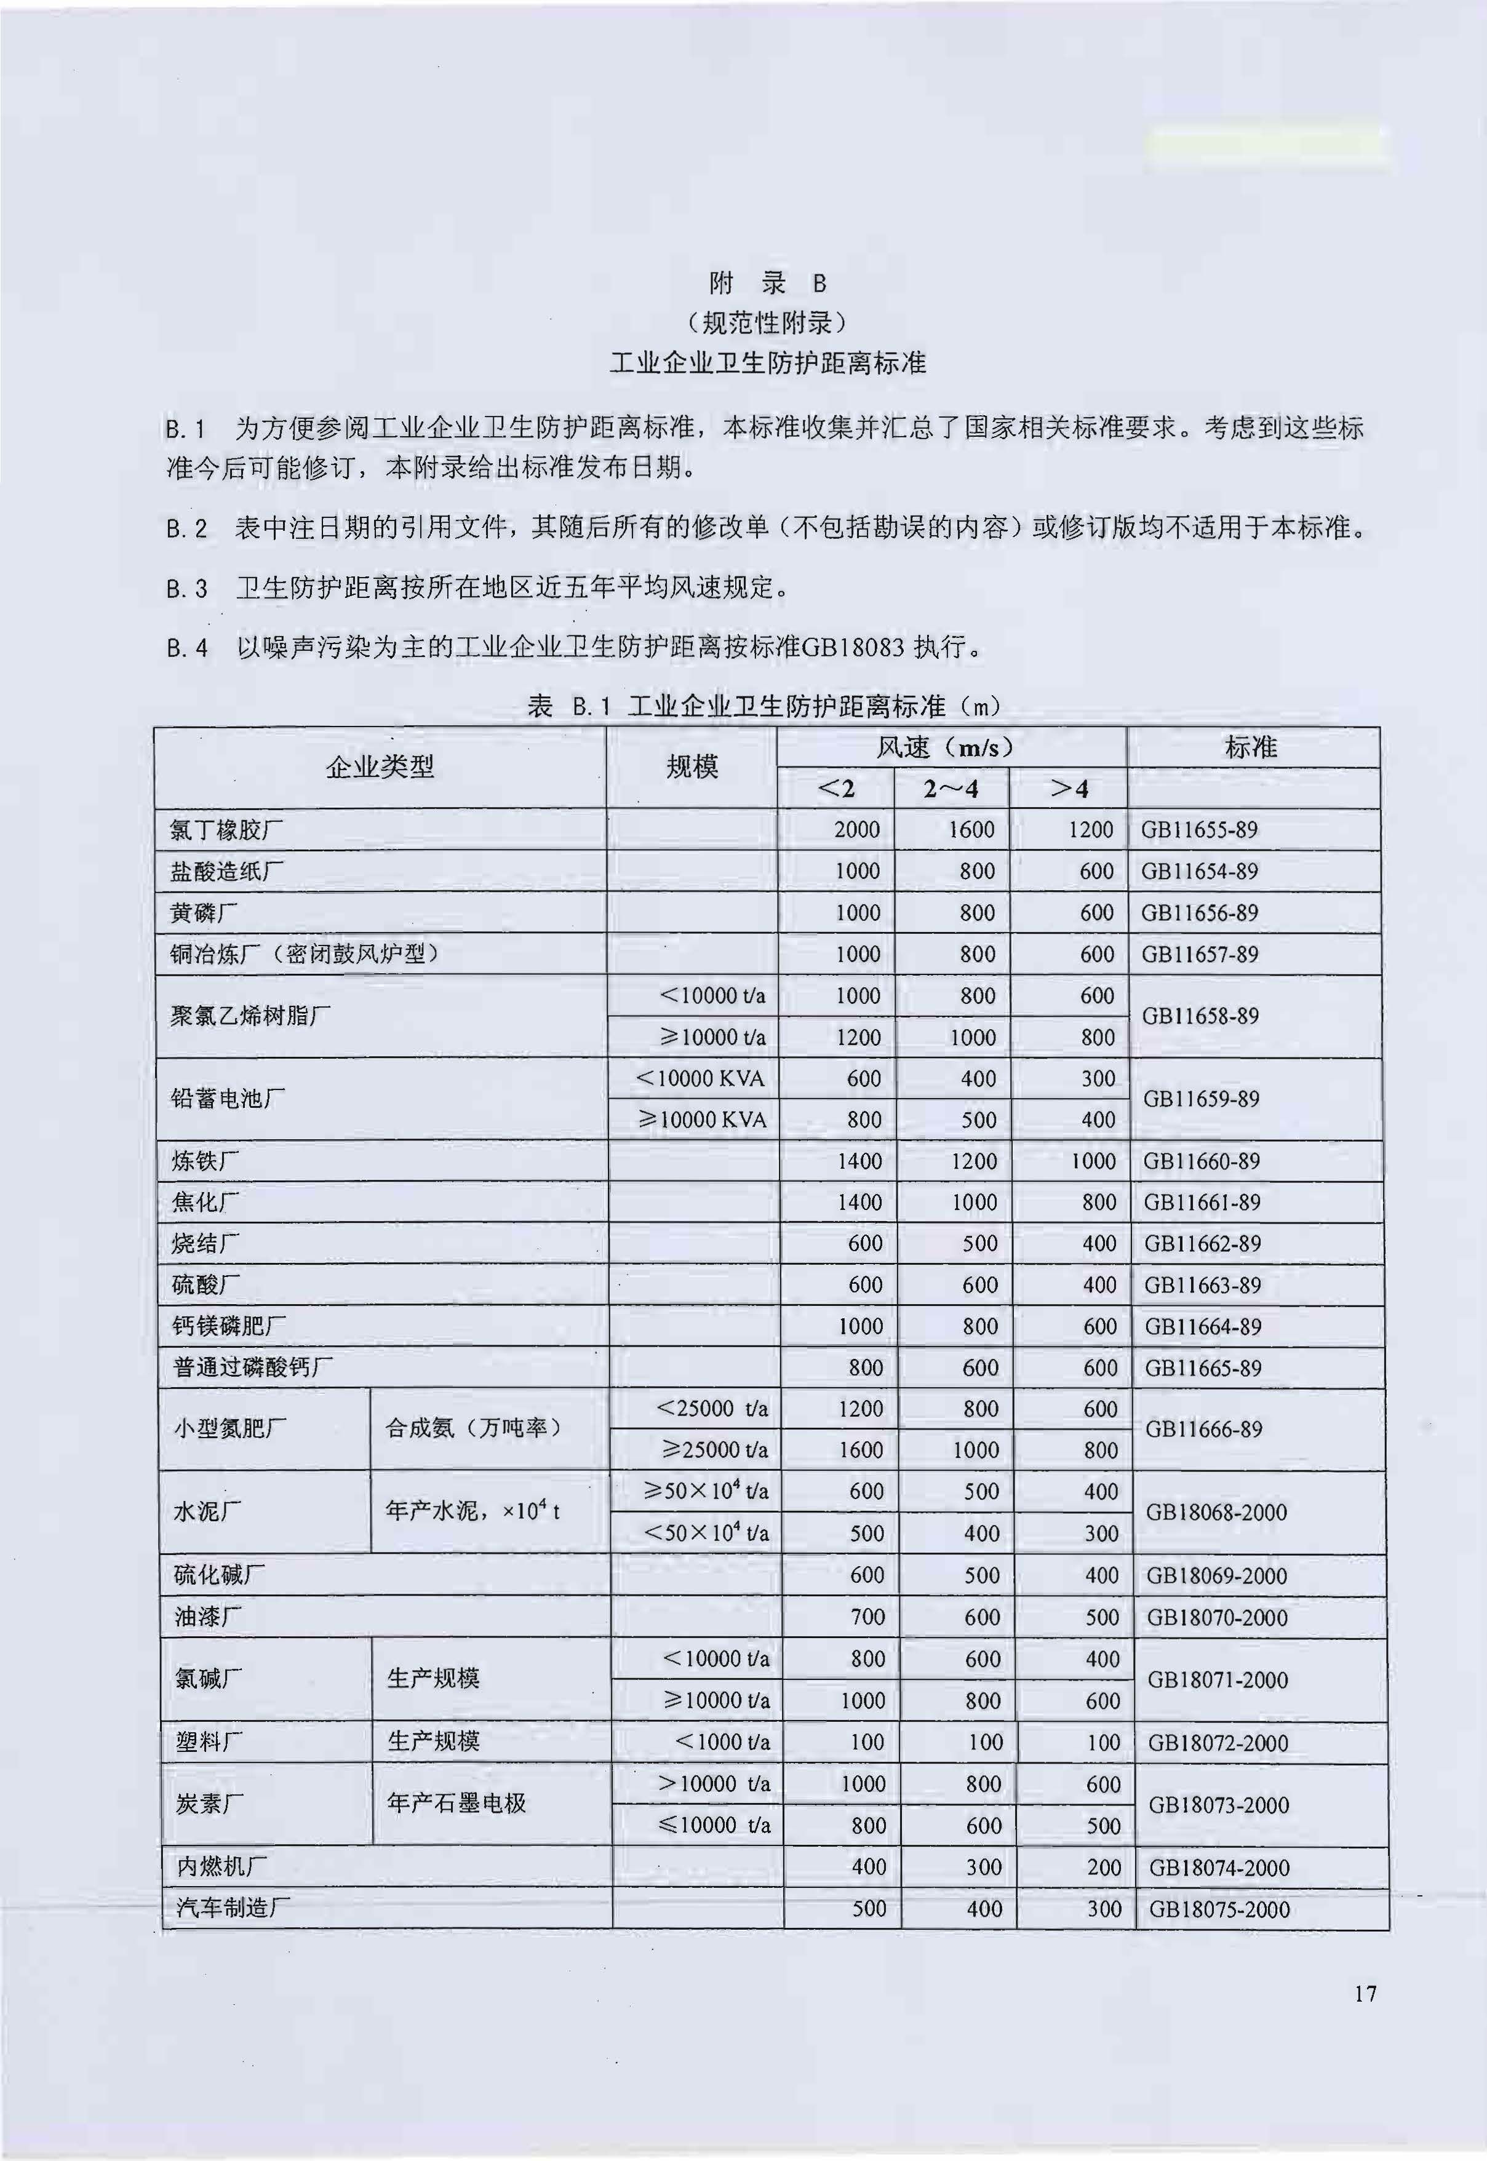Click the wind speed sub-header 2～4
(x=951, y=789)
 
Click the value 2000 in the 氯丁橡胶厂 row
(x=856, y=829)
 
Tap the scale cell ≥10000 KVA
(x=703, y=1120)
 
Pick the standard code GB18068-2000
(x=1216, y=1512)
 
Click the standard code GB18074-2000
(x=1219, y=1867)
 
